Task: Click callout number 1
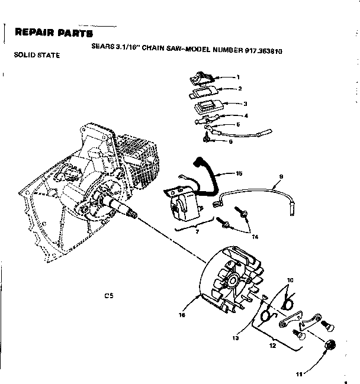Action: click(x=238, y=77)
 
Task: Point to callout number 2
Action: click(x=240, y=89)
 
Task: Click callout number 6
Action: click(x=231, y=141)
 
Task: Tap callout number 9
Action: click(x=281, y=176)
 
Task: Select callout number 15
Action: click(x=239, y=173)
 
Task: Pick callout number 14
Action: click(x=255, y=237)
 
